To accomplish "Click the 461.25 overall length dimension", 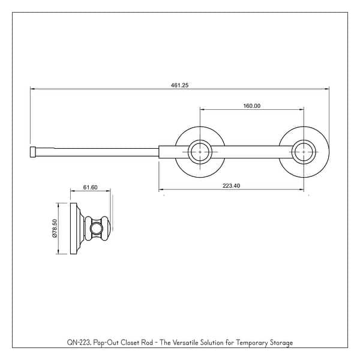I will coord(180,85).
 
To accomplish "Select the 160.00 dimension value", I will coord(251,106).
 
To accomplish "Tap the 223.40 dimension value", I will coord(231,186).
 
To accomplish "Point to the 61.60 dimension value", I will coord(91,187).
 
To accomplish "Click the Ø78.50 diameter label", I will coord(55,229).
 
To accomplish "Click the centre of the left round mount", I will coord(199,152).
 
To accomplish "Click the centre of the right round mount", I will coord(304,152).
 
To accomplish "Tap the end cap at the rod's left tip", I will coord(34,152).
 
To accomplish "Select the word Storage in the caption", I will coord(280,343).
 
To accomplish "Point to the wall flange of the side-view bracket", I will coord(75,229).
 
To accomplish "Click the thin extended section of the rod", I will coord(96,152).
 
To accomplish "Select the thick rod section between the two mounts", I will coord(251,152).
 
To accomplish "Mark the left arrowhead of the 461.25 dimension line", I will coord(32,89).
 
